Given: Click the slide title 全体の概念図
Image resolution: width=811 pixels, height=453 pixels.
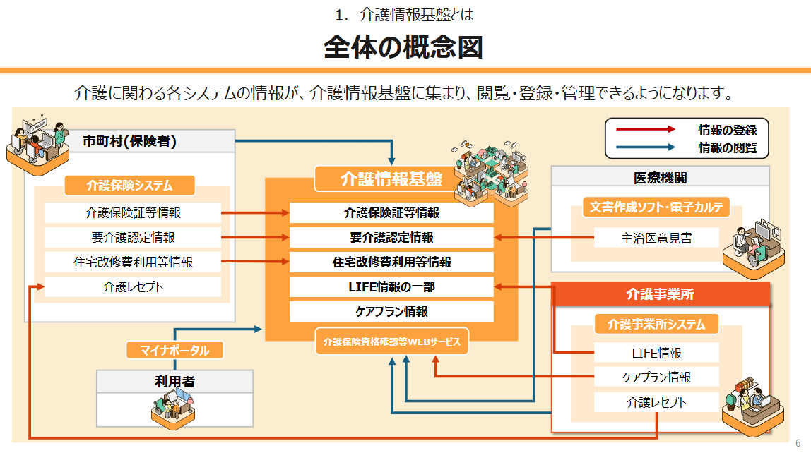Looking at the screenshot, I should tap(403, 47).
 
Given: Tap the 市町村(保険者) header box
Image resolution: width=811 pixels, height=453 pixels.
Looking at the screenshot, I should tap(129, 141).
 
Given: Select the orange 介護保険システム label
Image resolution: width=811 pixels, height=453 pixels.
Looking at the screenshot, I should tap(129, 186).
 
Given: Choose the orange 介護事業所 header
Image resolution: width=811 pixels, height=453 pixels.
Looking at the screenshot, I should tap(660, 294).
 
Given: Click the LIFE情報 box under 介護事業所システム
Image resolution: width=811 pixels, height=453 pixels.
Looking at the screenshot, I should tap(656, 352).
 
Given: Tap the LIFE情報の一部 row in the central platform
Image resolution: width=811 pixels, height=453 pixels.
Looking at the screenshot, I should tap(391, 287).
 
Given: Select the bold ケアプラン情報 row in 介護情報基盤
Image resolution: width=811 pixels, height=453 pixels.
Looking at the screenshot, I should tap(391, 311).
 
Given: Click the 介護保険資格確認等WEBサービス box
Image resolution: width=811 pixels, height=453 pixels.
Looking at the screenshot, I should tap(391, 342).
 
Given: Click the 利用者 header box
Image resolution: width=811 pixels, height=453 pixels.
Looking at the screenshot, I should tap(174, 382).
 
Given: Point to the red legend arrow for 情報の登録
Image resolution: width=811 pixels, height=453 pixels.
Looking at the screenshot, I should tap(646, 129).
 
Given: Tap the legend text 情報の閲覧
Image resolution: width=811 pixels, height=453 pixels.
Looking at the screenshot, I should tap(727, 147).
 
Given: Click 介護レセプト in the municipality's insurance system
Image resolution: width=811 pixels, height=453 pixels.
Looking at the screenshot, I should tap(133, 286).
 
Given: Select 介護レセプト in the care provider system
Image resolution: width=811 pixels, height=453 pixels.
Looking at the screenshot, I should tap(656, 402).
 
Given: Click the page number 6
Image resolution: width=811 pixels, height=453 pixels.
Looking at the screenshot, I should tap(798, 443).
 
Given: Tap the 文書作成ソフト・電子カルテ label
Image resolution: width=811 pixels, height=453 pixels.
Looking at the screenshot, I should tap(656, 207).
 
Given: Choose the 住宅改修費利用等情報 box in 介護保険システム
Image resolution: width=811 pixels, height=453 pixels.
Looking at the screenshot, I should tap(133, 262).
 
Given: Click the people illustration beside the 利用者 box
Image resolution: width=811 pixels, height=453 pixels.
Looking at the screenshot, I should tap(172, 409).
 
